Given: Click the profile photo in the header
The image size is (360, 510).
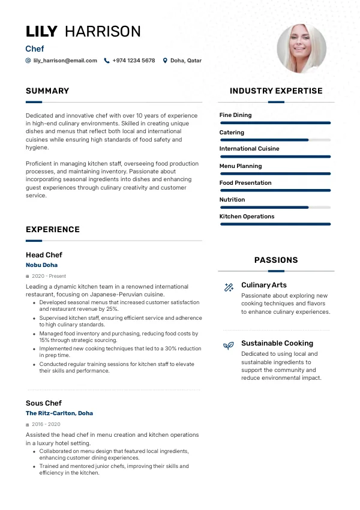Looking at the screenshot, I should click(301, 49).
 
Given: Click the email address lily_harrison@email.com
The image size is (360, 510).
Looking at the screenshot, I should click(65, 61).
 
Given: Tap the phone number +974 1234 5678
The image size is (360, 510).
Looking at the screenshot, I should click(133, 61).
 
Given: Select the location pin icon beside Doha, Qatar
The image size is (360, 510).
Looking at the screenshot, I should click(165, 61).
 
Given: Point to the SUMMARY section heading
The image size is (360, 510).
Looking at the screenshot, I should click(47, 91).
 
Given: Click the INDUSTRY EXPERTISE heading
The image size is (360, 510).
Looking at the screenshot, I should click(276, 91).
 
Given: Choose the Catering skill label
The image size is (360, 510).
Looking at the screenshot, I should click(232, 133).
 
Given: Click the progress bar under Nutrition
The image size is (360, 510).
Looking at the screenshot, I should click(275, 208).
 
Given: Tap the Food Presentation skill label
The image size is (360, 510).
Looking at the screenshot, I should click(245, 183).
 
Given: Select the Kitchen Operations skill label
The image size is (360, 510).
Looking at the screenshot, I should click(247, 217).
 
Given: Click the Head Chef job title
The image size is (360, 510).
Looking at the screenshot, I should click(44, 255).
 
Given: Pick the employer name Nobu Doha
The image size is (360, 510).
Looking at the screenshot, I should click(41, 265).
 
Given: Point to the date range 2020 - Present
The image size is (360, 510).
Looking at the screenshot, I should click(49, 276).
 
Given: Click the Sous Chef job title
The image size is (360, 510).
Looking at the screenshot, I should click(44, 403).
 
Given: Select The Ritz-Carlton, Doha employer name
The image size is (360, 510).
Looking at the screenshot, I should click(59, 413).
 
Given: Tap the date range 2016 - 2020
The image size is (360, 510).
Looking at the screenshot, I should click(45, 424).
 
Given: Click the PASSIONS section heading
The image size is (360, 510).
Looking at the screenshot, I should click(276, 260).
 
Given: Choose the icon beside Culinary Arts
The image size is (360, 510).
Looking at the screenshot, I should click(229, 287).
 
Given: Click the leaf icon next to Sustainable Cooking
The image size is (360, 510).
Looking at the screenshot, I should click(229, 346).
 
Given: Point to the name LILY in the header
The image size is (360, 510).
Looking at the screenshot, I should click(41, 32).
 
